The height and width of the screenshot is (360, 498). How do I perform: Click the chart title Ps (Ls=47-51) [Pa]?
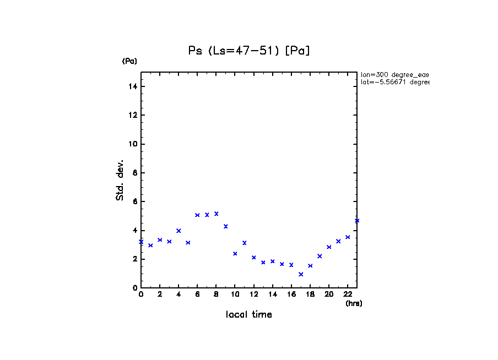[249, 51]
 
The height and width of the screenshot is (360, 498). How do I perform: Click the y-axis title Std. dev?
[120, 180]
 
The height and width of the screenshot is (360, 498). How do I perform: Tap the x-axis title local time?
[249, 314]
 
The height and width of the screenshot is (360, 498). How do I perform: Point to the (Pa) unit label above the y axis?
[129, 61]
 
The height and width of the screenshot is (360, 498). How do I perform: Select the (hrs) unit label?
[354, 303]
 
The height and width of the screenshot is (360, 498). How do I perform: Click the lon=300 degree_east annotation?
[394, 74]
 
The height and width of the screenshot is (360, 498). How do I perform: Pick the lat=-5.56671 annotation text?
[394, 82]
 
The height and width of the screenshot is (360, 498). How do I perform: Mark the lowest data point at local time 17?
[301, 274]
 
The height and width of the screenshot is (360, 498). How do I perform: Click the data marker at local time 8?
[216, 214]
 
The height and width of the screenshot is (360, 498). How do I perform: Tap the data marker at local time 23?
[357, 220]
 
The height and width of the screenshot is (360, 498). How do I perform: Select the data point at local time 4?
[178, 231]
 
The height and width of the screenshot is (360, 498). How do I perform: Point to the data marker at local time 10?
[235, 254]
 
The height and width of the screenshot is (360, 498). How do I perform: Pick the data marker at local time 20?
[329, 247]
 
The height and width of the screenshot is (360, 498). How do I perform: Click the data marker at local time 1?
[150, 245]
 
